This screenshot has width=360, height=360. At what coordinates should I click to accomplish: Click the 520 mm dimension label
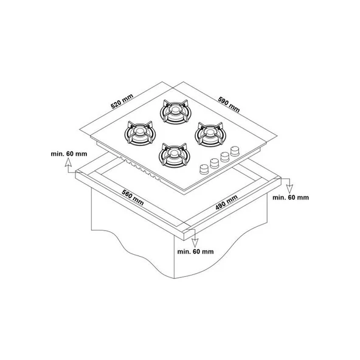point(122,101)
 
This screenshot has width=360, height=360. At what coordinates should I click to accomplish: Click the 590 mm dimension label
point(229,105)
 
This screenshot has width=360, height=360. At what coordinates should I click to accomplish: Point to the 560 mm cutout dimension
point(133,198)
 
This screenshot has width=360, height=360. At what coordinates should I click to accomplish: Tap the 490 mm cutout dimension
point(227,202)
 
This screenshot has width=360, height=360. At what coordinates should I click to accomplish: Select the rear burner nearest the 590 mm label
point(175,111)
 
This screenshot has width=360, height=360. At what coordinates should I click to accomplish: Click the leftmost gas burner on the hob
point(140,133)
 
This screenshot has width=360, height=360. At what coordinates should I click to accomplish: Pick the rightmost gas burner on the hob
point(211,134)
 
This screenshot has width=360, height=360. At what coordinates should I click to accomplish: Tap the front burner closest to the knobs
point(174,155)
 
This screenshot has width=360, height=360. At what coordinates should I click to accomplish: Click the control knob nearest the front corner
point(204,169)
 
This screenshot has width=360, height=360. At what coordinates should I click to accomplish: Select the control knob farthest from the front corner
point(235,151)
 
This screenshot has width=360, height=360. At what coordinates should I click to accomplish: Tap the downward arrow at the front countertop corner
point(195,238)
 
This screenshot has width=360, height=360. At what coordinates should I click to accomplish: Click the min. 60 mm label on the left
point(69,154)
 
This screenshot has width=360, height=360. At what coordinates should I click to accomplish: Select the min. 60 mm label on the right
point(291,198)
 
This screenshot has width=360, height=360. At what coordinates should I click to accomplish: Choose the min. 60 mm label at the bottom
point(195,252)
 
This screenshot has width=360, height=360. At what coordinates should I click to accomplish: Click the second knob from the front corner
point(215,163)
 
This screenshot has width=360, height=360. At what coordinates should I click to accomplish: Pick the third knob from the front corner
point(225,157)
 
